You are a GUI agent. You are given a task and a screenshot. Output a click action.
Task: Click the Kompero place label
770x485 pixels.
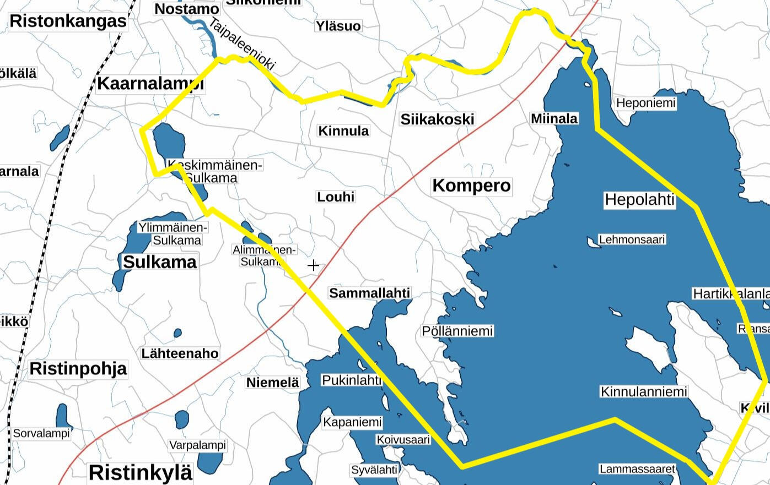coord(471,186)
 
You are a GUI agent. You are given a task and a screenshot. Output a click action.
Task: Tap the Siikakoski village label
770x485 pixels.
coord(437,119)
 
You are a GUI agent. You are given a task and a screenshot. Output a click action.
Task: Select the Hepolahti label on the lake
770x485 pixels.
coord(639,199)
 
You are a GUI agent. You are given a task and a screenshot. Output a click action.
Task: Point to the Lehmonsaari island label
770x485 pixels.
coord(632,239)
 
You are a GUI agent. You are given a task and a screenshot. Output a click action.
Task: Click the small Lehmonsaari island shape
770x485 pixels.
coord(593,241)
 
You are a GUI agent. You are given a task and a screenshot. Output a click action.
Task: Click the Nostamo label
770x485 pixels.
coord(187,9)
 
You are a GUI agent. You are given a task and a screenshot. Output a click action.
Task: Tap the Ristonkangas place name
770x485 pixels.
coord(68,21)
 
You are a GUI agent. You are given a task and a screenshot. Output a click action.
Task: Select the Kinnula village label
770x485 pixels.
coord(344,131)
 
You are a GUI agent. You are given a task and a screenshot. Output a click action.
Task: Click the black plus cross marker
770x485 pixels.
coord(313,265)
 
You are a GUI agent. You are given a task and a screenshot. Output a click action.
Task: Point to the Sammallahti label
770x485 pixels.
coord(370,293)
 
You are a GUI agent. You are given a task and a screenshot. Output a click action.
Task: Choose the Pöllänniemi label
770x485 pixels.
coord(457,331)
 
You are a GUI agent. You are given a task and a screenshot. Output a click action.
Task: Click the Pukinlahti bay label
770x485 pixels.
coord(351,380)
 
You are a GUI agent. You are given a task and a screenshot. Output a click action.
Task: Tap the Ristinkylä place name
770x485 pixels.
coord(141,472)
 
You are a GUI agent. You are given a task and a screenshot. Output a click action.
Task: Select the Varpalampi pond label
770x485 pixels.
coord(197,445)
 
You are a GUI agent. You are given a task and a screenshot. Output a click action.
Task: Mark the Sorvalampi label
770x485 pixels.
coord(41,433)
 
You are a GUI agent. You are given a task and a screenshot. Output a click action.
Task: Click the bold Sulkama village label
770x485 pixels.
coord(159,262)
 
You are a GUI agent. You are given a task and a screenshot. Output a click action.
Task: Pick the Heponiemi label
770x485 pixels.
coord(645,103)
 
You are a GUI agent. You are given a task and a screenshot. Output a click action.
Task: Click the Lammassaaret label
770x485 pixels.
coord(637,469)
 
